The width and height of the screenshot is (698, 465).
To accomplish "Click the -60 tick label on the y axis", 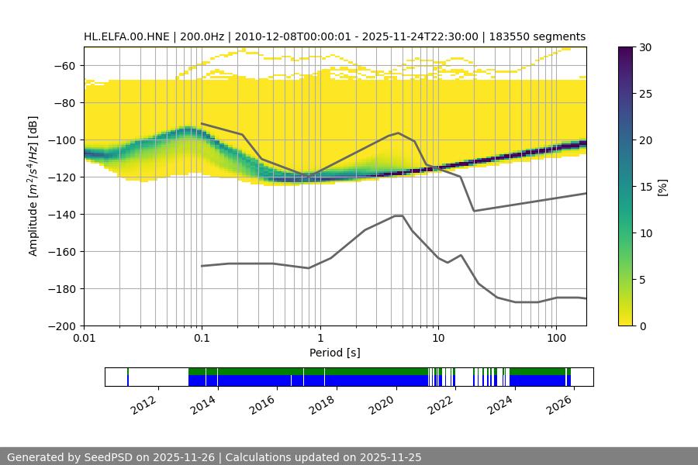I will click(66, 66).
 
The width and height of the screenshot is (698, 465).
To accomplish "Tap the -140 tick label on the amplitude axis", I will click(63, 215).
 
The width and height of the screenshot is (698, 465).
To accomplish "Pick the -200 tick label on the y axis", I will click(63, 326).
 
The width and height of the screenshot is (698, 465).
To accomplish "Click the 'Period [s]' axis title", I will click(335, 353).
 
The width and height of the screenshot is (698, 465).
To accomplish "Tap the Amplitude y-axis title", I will click(33, 186).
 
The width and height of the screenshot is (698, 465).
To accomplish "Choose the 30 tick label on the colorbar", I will click(645, 47).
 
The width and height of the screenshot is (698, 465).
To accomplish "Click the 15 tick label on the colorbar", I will click(645, 187).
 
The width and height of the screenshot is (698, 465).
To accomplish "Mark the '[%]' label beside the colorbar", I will click(662, 187).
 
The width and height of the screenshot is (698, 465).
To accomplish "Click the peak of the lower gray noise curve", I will click(399, 215).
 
